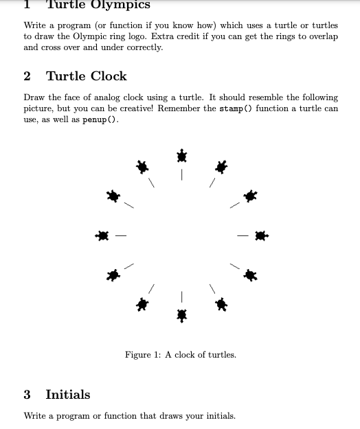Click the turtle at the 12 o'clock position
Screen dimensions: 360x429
181,156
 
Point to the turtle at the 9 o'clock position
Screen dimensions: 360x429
102,236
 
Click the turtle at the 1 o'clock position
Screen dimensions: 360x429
221,166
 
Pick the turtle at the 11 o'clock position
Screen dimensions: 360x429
142,166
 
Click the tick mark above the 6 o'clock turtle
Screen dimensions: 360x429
181,296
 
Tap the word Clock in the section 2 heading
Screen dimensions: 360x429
109,76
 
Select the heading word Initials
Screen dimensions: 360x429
67,395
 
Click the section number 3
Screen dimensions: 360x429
27,395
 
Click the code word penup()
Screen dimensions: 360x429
101,119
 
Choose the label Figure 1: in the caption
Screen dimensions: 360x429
142,355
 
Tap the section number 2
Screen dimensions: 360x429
27,76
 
